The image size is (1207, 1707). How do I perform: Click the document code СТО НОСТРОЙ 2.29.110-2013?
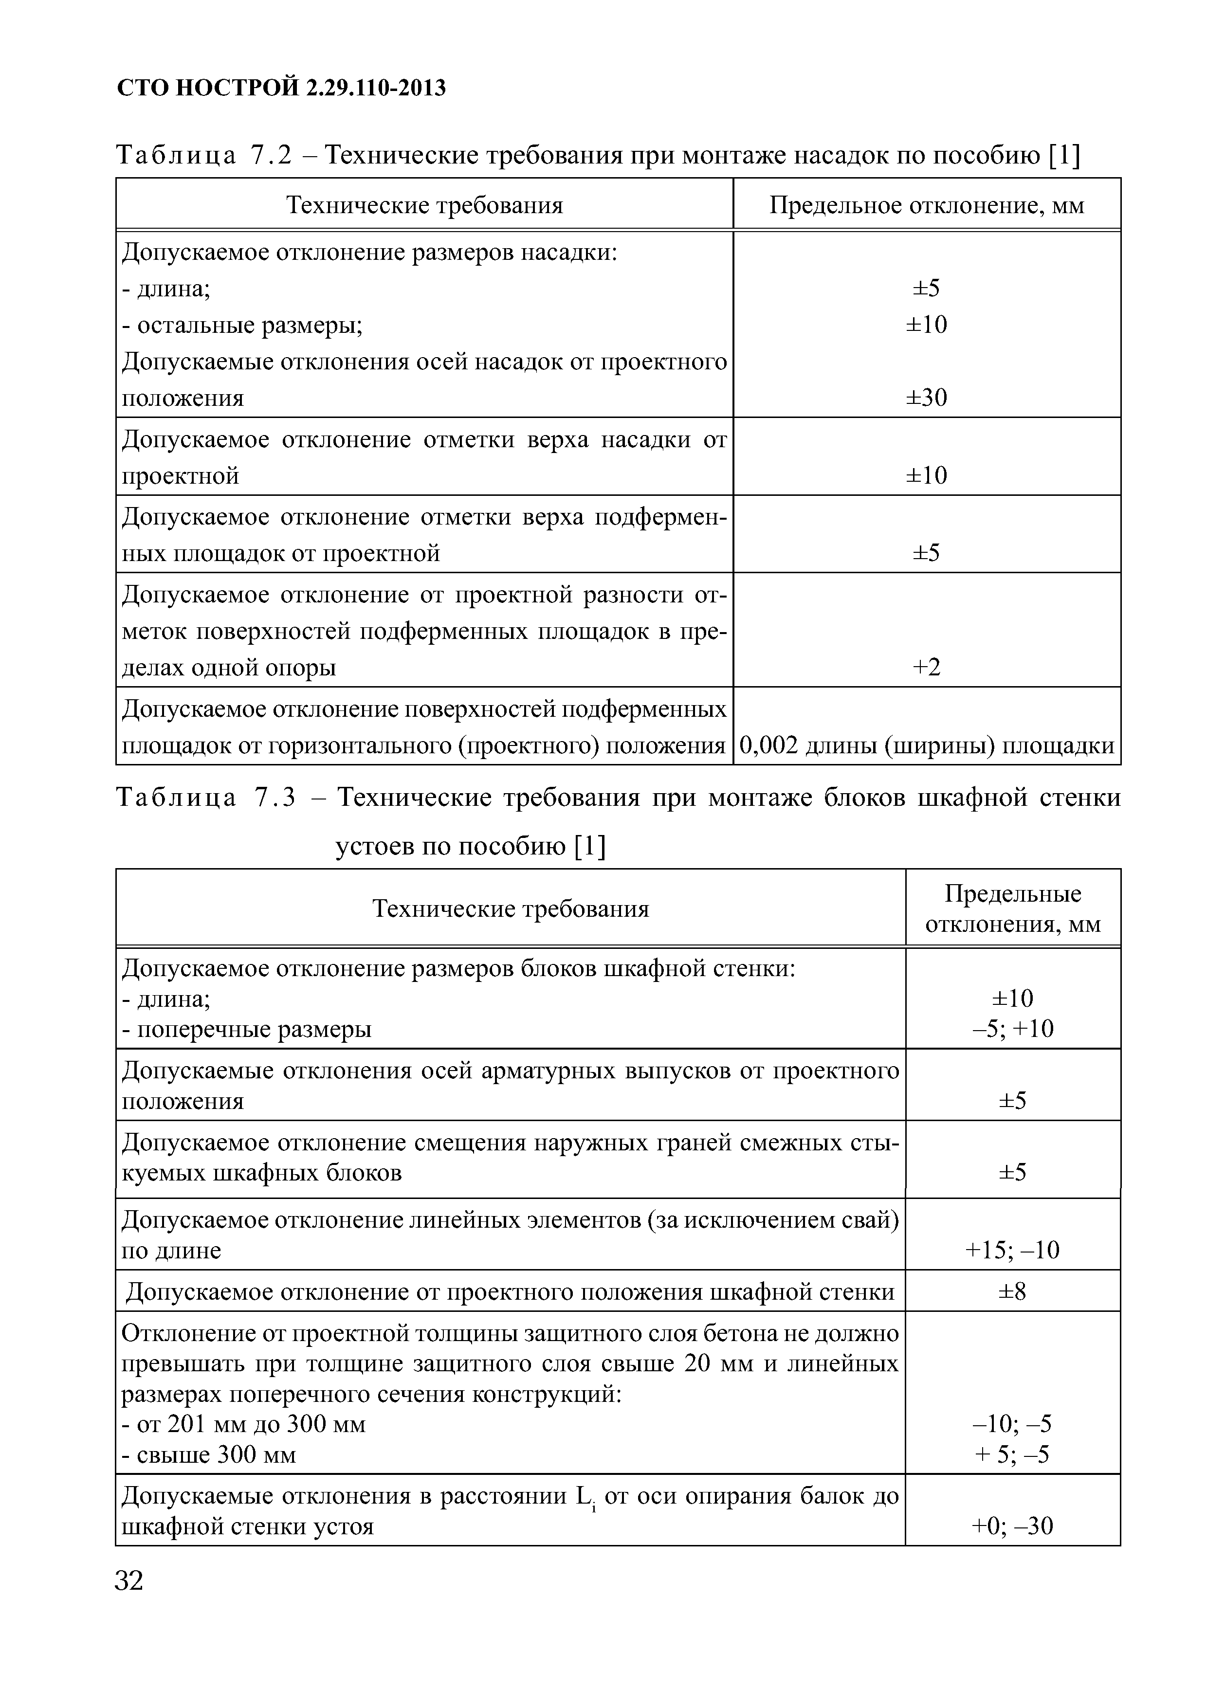click(282, 88)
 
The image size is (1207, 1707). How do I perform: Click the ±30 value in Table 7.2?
click(926, 398)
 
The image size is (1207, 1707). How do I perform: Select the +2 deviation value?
click(926, 667)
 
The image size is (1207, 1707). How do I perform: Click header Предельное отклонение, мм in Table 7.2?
click(926, 205)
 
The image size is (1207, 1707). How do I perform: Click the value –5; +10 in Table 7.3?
click(1012, 1029)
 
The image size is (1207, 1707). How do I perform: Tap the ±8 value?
click(1012, 1291)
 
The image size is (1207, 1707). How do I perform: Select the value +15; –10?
click(1012, 1250)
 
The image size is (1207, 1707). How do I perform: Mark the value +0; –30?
click(1012, 1526)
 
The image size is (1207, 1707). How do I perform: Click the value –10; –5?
click(1012, 1424)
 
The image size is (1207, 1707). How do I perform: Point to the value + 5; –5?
click(1012, 1454)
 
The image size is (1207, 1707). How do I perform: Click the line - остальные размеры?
click(242, 325)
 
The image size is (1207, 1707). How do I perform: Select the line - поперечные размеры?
click(246, 1029)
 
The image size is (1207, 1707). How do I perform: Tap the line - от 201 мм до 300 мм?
click(243, 1424)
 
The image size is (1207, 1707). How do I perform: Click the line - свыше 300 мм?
click(208, 1454)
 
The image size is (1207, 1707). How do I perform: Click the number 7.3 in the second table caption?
click(275, 797)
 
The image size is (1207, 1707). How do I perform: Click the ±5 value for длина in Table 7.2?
click(926, 288)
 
